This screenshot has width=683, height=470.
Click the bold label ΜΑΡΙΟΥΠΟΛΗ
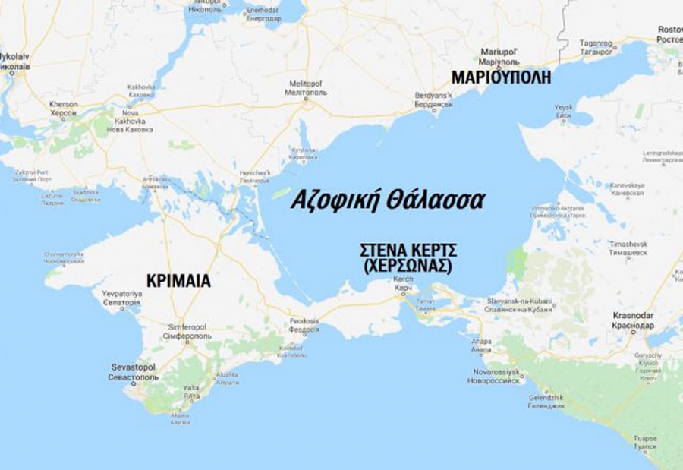pos(500,77)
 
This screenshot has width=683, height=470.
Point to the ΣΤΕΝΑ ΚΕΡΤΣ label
pos(408,252)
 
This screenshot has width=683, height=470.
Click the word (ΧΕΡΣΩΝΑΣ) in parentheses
pos(408,267)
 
